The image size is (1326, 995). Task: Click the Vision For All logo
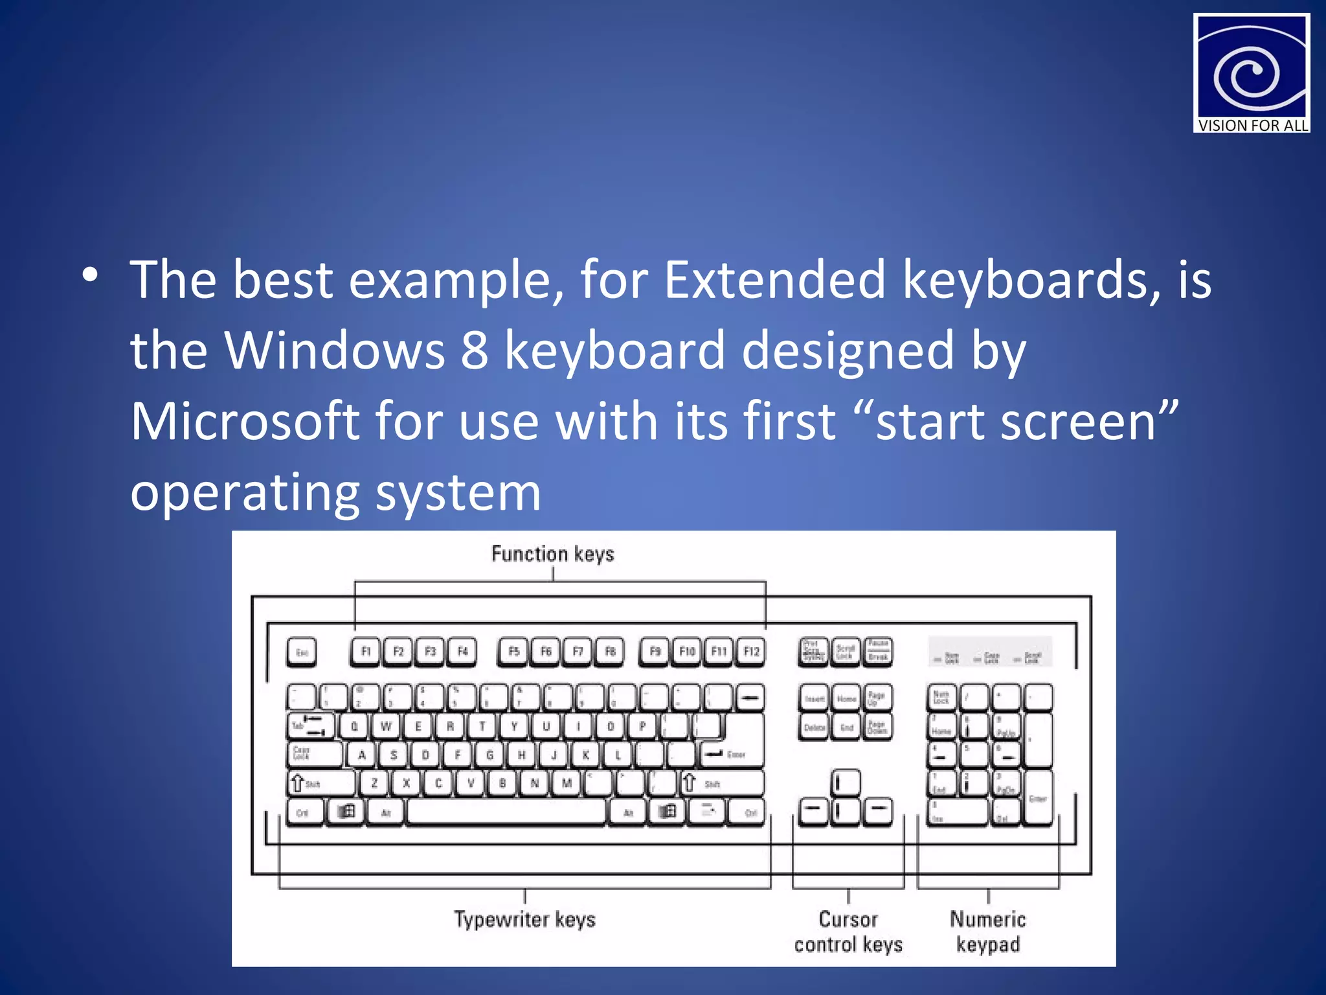(x=1251, y=73)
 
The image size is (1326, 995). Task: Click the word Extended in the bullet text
(x=774, y=280)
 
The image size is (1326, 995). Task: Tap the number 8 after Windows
(x=475, y=350)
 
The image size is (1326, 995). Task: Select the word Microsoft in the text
(x=245, y=421)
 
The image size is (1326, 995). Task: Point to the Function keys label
(x=553, y=554)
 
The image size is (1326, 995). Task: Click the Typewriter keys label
(x=524, y=919)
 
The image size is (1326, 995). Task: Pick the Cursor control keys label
(x=848, y=932)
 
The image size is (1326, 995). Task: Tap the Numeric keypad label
(x=988, y=932)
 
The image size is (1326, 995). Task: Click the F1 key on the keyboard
(x=366, y=652)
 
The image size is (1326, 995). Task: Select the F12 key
(x=751, y=652)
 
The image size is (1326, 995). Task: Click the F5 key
(x=514, y=652)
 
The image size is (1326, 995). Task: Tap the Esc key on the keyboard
(x=302, y=652)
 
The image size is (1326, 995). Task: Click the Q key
(x=354, y=726)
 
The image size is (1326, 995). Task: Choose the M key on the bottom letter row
(x=567, y=783)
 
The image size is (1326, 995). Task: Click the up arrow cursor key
(x=846, y=783)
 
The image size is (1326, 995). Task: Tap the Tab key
(x=310, y=726)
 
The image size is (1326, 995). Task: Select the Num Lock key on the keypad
(x=941, y=698)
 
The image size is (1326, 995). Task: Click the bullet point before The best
(x=90, y=275)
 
